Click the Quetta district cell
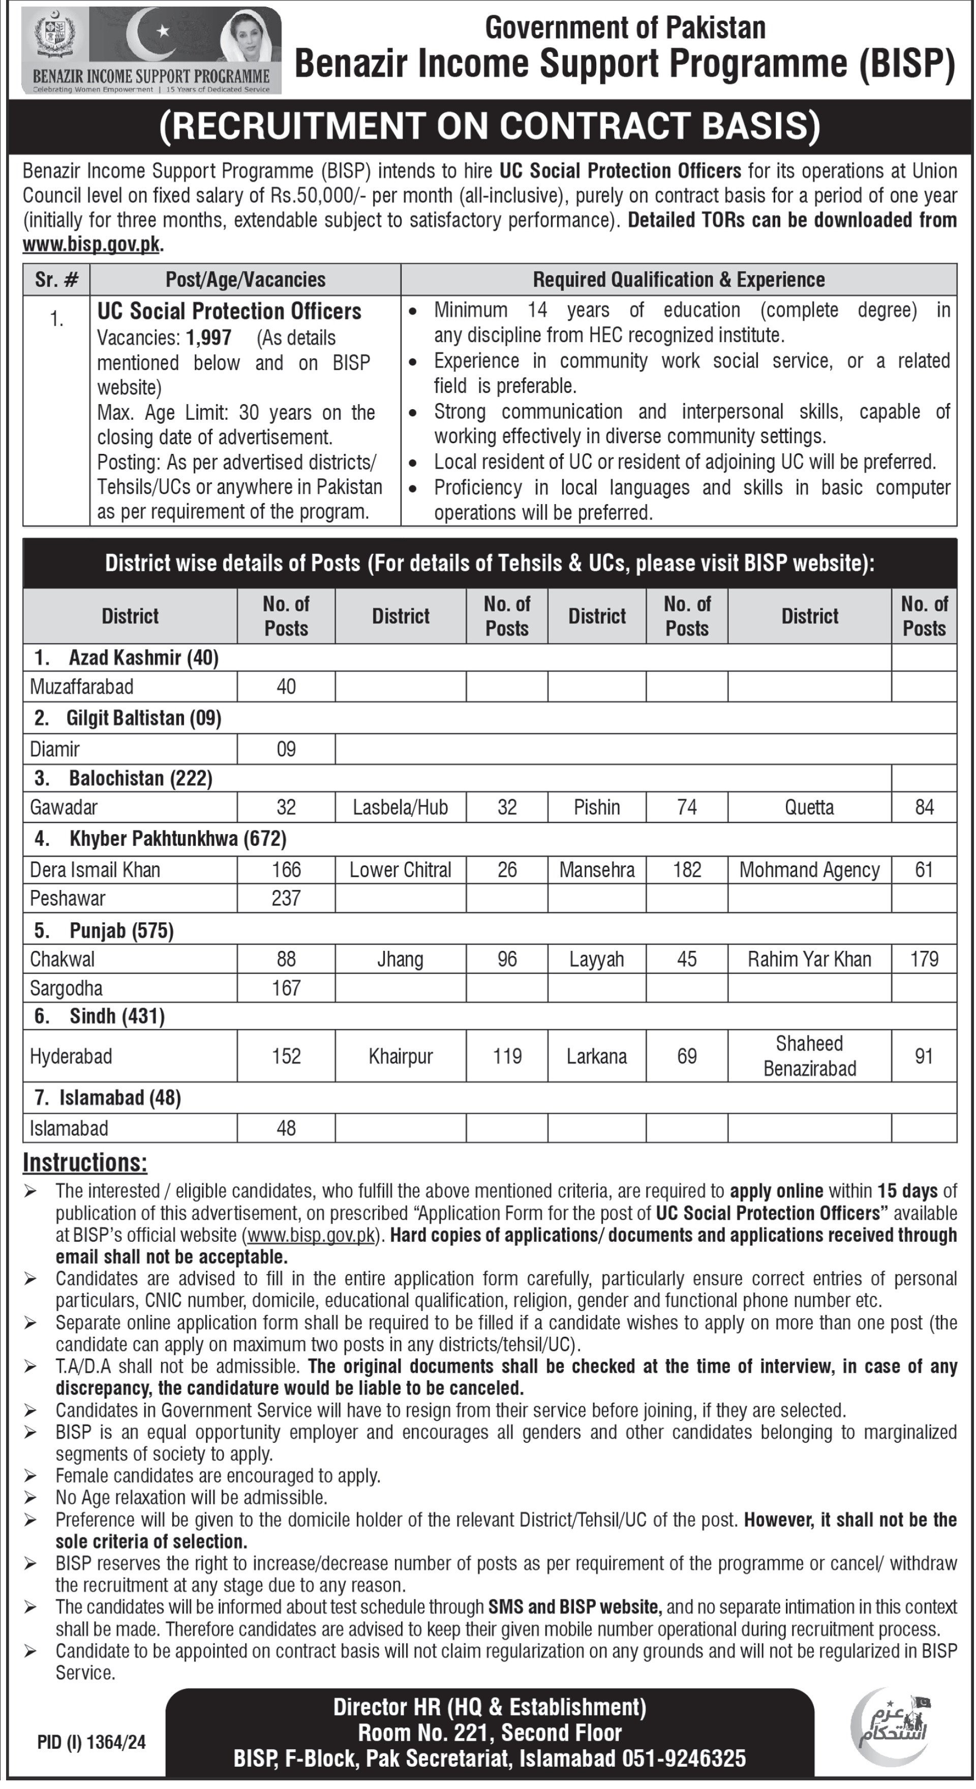(x=809, y=807)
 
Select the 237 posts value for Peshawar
(x=286, y=898)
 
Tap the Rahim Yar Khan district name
(x=809, y=959)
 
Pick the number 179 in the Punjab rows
(x=924, y=959)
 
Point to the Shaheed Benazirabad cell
(x=809, y=1056)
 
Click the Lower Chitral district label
(x=400, y=870)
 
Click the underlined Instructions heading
(x=85, y=1162)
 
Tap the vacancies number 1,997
(x=208, y=338)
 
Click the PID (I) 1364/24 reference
(x=91, y=1742)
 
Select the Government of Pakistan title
(x=625, y=28)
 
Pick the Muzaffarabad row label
(x=81, y=686)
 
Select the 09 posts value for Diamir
(x=286, y=749)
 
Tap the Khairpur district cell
(x=400, y=1056)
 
